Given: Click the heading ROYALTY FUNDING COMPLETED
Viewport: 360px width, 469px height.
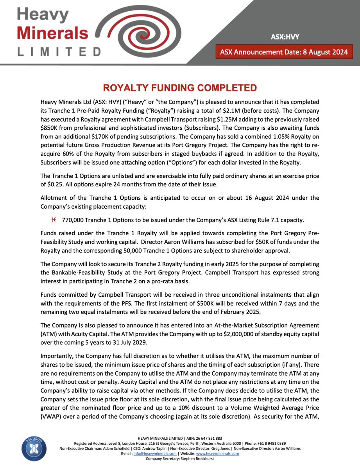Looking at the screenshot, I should coord(179,88).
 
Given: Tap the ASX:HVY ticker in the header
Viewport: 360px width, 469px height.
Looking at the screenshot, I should coord(285,37).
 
